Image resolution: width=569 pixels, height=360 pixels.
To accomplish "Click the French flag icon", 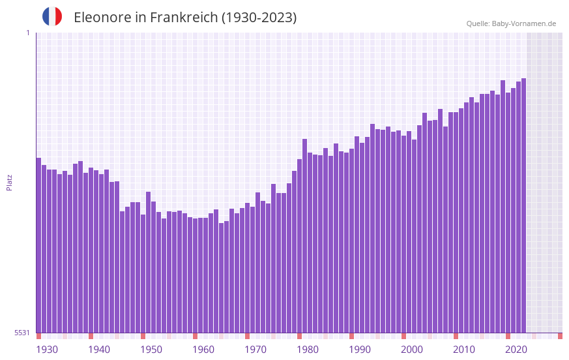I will pyautogui.click(x=52, y=16).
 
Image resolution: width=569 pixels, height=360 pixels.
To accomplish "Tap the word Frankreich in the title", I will pyautogui.click(x=183, y=18).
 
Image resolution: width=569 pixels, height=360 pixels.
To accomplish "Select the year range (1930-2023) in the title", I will pyautogui.click(x=259, y=18).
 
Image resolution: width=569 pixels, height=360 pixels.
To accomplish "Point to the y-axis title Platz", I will pyautogui.click(x=9, y=182).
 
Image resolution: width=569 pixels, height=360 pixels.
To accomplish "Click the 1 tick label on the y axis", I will pyautogui.click(x=27, y=33).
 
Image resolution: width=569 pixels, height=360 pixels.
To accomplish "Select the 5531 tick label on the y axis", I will pyautogui.click(x=22, y=333).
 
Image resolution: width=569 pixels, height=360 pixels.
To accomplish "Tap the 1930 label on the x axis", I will pyautogui.click(x=47, y=350).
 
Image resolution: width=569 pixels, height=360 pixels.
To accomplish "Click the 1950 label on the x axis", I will pyautogui.click(x=151, y=350).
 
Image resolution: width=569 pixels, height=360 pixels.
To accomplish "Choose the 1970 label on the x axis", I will pyautogui.click(x=255, y=350).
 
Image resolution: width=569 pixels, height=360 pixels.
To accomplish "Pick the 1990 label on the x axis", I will pyautogui.click(x=360, y=350).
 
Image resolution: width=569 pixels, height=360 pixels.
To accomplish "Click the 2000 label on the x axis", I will pyautogui.click(x=412, y=350).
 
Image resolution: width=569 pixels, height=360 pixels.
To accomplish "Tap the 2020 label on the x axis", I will pyautogui.click(x=516, y=350).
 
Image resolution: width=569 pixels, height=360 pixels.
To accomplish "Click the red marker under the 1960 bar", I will pyautogui.click(x=195, y=336).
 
